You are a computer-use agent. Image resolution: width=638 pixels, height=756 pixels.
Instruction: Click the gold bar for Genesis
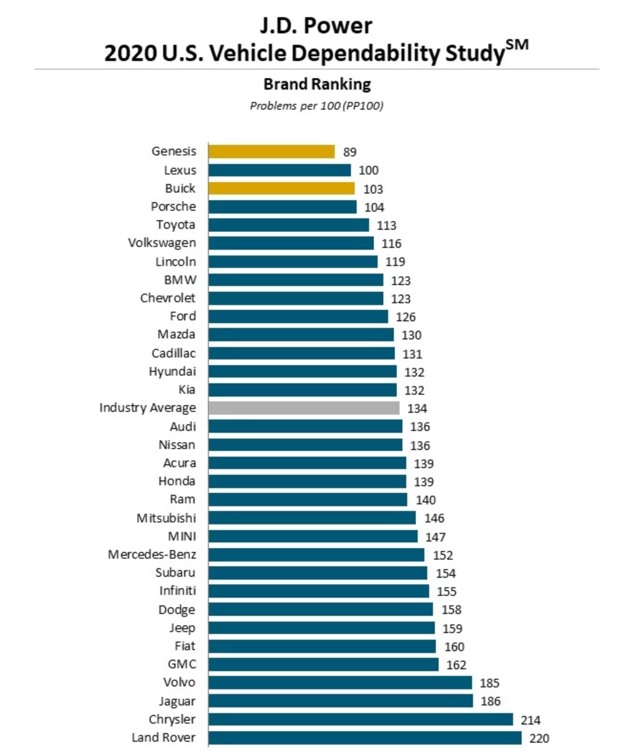click(271, 152)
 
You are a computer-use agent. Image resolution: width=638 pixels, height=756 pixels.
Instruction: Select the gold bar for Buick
click(281, 188)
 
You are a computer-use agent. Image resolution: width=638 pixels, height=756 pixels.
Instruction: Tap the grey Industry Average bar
click(304, 408)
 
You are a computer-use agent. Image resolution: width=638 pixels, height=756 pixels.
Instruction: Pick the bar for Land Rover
click(365, 738)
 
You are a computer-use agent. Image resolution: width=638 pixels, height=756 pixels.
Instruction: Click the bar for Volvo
click(340, 683)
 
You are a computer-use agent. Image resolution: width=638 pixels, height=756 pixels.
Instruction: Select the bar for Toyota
click(288, 225)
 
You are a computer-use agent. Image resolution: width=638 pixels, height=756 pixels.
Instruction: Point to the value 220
click(539, 738)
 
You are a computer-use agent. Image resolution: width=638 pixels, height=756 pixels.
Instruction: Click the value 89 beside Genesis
click(350, 152)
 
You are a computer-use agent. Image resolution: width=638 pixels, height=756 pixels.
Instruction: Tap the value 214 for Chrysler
click(531, 720)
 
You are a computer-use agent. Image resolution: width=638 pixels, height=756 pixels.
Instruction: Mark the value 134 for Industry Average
click(417, 409)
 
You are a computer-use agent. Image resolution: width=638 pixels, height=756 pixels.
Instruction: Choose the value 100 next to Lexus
click(369, 170)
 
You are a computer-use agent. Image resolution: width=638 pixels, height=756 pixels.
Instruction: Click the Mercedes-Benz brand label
click(152, 554)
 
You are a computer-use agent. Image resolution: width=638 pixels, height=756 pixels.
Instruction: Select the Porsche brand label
click(174, 206)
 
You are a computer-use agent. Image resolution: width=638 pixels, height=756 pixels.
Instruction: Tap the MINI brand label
click(182, 536)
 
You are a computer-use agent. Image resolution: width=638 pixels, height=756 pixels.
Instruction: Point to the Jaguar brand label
click(177, 701)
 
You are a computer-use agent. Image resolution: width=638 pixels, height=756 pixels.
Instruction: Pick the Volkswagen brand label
click(162, 243)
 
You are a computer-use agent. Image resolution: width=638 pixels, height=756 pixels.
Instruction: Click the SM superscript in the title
click(517, 45)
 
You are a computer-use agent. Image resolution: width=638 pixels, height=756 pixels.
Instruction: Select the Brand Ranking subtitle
click(317, 84)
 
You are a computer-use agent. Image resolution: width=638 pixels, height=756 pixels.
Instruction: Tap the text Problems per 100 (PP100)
click(317, 106)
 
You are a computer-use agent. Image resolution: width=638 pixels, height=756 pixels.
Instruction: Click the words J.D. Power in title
click(316, 26)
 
